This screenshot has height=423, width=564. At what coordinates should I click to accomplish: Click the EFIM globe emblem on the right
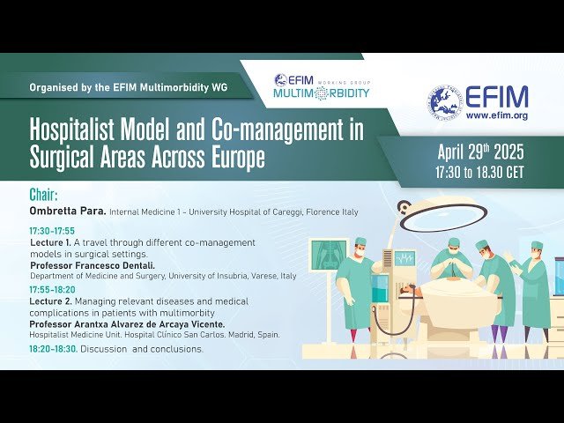[x=446, y=103]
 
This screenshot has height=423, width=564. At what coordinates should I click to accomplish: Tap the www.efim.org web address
[x=496, y=115]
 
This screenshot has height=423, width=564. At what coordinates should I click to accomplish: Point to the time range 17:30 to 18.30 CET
[x=479, y=172]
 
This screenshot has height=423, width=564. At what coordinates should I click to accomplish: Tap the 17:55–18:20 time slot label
[x=52, y=289]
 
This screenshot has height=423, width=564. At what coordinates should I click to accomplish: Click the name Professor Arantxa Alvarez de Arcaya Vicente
[x=127, y=324]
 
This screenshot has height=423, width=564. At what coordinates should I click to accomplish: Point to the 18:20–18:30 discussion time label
[x=53, y=349]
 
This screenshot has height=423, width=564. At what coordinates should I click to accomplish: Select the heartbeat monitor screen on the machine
[x=404, y=259]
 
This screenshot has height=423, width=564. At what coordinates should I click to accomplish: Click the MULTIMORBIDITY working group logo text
[x=321, y=93]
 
